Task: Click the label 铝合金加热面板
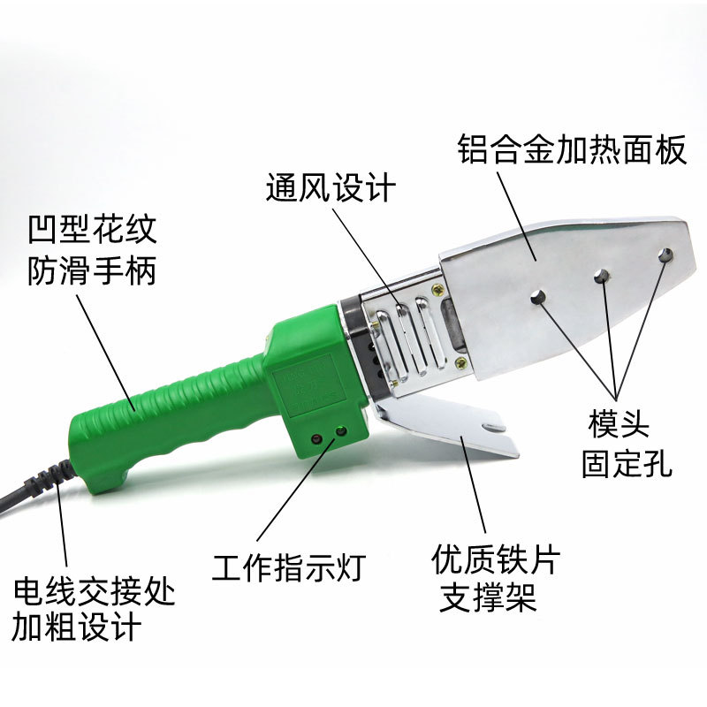[572, 149]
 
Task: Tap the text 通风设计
[331, 189]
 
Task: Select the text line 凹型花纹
[91, 231]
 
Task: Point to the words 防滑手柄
[91, 270]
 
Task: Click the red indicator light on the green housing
[315, 437]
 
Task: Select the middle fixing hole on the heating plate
[602, 276]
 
